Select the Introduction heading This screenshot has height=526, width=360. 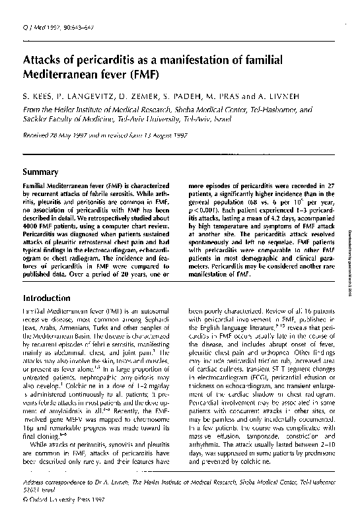[51, 298]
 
